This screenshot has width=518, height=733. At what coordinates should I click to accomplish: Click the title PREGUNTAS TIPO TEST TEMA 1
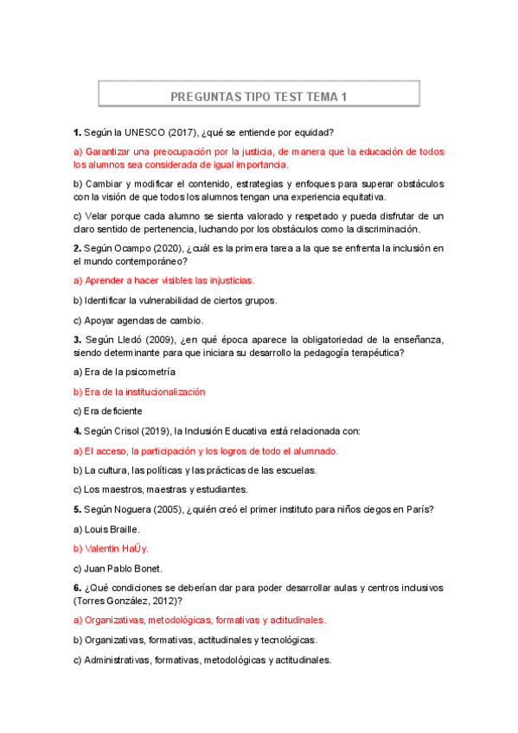[x=259, y=97]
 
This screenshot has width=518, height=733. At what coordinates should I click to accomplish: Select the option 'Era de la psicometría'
[x=125, y=372]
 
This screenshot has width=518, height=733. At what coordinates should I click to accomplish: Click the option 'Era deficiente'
[x=108, y=411]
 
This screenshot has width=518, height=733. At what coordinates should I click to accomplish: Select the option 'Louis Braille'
[x=106, y=528]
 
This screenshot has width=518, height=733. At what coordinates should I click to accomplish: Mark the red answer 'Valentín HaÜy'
[x=111, y=548]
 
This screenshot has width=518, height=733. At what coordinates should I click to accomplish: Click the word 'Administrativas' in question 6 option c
[x=116, y=660]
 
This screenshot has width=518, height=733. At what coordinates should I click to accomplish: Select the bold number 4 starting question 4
[x=77, y=430]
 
